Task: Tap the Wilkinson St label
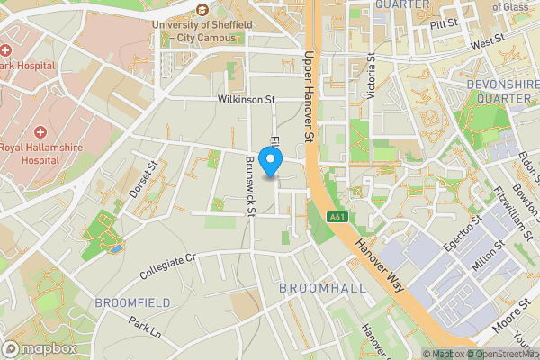tap(245, 101)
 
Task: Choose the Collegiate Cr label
tap(168, 264)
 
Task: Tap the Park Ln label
tap(144, 326)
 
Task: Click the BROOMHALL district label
tap(322, 287)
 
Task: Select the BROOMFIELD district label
tap(132, 301)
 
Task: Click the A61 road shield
tap(337, 217)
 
